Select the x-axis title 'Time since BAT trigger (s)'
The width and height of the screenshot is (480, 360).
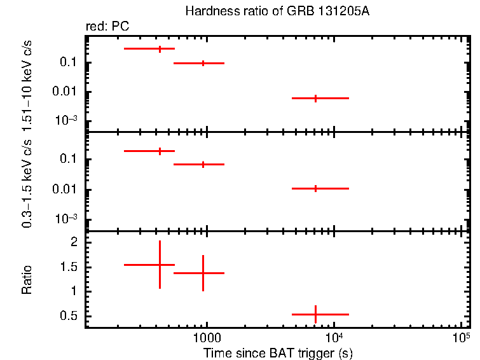[x=278, y=352]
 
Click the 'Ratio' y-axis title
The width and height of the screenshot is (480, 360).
[x=27, y=279]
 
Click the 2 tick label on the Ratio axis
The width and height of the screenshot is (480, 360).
[x=73, y=242]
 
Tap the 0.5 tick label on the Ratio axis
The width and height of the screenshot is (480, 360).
[x=69, y=316]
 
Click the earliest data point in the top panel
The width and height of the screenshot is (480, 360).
[x=160, y=48]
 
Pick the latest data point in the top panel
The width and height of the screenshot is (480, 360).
[x=315, y=98]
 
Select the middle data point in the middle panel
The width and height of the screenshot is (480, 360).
[x=203, y=164]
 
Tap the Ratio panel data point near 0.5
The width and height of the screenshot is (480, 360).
[x=315, y=314]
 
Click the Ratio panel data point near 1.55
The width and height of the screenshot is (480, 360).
[x=160, y=265]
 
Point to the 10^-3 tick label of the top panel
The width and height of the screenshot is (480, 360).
[x=66, y=121]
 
